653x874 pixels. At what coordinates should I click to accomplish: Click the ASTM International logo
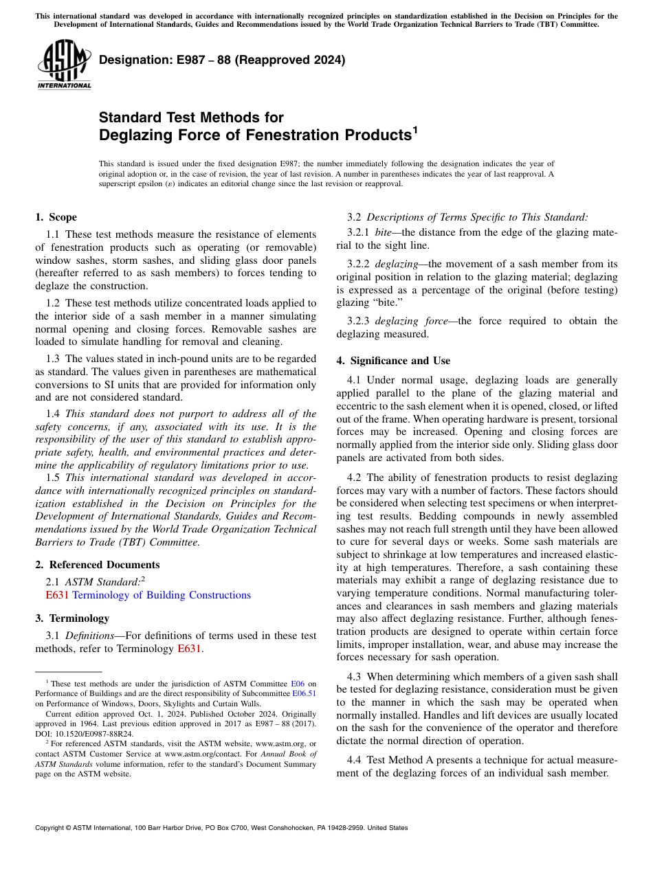(64, 65)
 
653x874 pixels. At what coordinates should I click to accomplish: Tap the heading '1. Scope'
(56, 217)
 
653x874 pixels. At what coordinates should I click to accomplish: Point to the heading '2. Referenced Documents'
(97, 565)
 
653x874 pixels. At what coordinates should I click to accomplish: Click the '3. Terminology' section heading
(72, 618)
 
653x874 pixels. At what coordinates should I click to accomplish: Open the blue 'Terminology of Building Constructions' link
(162, 595)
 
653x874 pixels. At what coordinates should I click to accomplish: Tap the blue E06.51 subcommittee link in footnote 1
(304, 693)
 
